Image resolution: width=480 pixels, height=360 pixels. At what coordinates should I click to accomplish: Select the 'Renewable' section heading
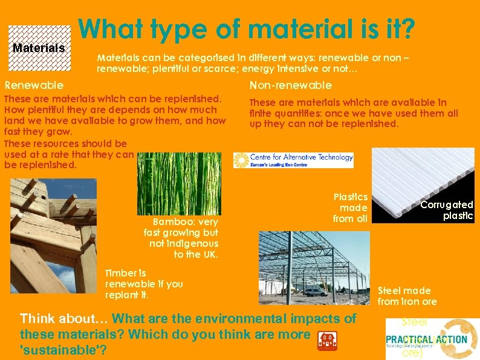click(34, 85)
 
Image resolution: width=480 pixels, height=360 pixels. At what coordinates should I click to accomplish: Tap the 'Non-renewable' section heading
click(290, 85)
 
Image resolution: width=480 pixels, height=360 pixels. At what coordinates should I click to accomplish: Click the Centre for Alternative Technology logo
click(293, 160)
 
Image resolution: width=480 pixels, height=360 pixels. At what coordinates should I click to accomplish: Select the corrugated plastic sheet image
click(423, 185)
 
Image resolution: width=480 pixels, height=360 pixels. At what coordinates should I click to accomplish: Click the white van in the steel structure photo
click(314, 291)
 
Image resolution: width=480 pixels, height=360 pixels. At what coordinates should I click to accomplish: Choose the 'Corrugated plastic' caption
click(447, 210)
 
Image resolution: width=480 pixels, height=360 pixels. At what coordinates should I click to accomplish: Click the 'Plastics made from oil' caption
click(351, 208)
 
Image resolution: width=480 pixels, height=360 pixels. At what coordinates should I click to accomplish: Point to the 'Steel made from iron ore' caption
click(407, 296)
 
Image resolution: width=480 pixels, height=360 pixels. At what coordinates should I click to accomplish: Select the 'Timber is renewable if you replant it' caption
click(143, 284)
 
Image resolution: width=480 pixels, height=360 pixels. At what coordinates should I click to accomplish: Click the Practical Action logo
click(432, 339)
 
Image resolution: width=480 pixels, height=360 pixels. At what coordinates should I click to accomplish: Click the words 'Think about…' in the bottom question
click(64, 318)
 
